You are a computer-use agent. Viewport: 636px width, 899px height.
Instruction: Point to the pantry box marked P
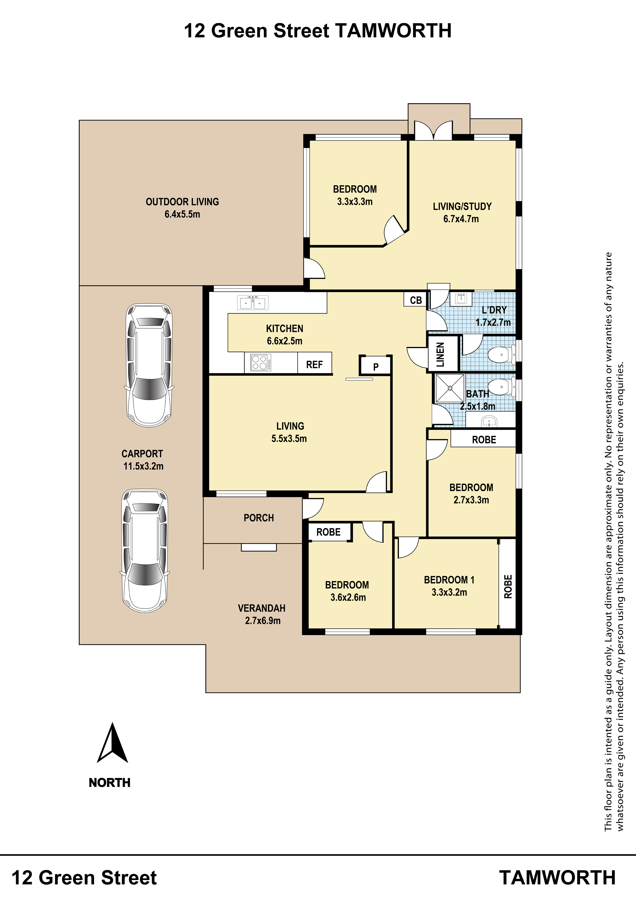pyautogui.click(x=376, y=365)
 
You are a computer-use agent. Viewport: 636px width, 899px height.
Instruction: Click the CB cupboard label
pyautogui.click(x=416, y=300)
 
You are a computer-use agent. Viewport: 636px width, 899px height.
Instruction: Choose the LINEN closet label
pyautogui.click(x=441, y=354)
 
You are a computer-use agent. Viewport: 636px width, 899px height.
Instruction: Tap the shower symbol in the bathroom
pyautogui.click(x=450, y=388)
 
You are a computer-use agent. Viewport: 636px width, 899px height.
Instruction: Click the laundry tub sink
pyautogui.click(x=461, y=299)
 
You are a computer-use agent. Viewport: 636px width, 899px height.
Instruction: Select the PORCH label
pyautogui.click(x=259, y=518)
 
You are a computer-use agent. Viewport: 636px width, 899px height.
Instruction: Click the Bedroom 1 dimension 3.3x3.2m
pyautogui.click(x=449, y=592)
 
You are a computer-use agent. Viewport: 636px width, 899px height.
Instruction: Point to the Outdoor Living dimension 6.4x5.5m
pyautogui.click(x=182, y=214)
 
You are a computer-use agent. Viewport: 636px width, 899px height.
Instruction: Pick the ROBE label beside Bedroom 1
pyautogui.click(x=508, y=587)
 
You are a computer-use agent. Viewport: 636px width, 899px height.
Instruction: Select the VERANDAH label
pyautogui.click(x=261, y=608)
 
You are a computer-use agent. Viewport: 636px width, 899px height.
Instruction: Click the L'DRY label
pyautogui.click(x=494, y=310)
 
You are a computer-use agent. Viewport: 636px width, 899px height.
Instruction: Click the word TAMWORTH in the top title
pyautogui.click(x=393, y=30)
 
